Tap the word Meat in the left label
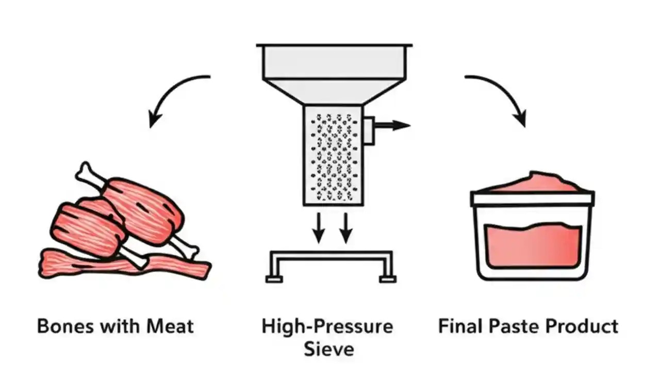(x=170, y=326)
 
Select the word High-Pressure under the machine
(x=327, y=326)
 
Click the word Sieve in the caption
(x=329, y=349)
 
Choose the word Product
(x=582, y=326)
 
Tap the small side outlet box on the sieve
(x=369, y=130)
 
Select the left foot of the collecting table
(x=274, y=279)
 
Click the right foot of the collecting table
(x=387, y=279)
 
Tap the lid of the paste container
(x=532, y=198)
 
